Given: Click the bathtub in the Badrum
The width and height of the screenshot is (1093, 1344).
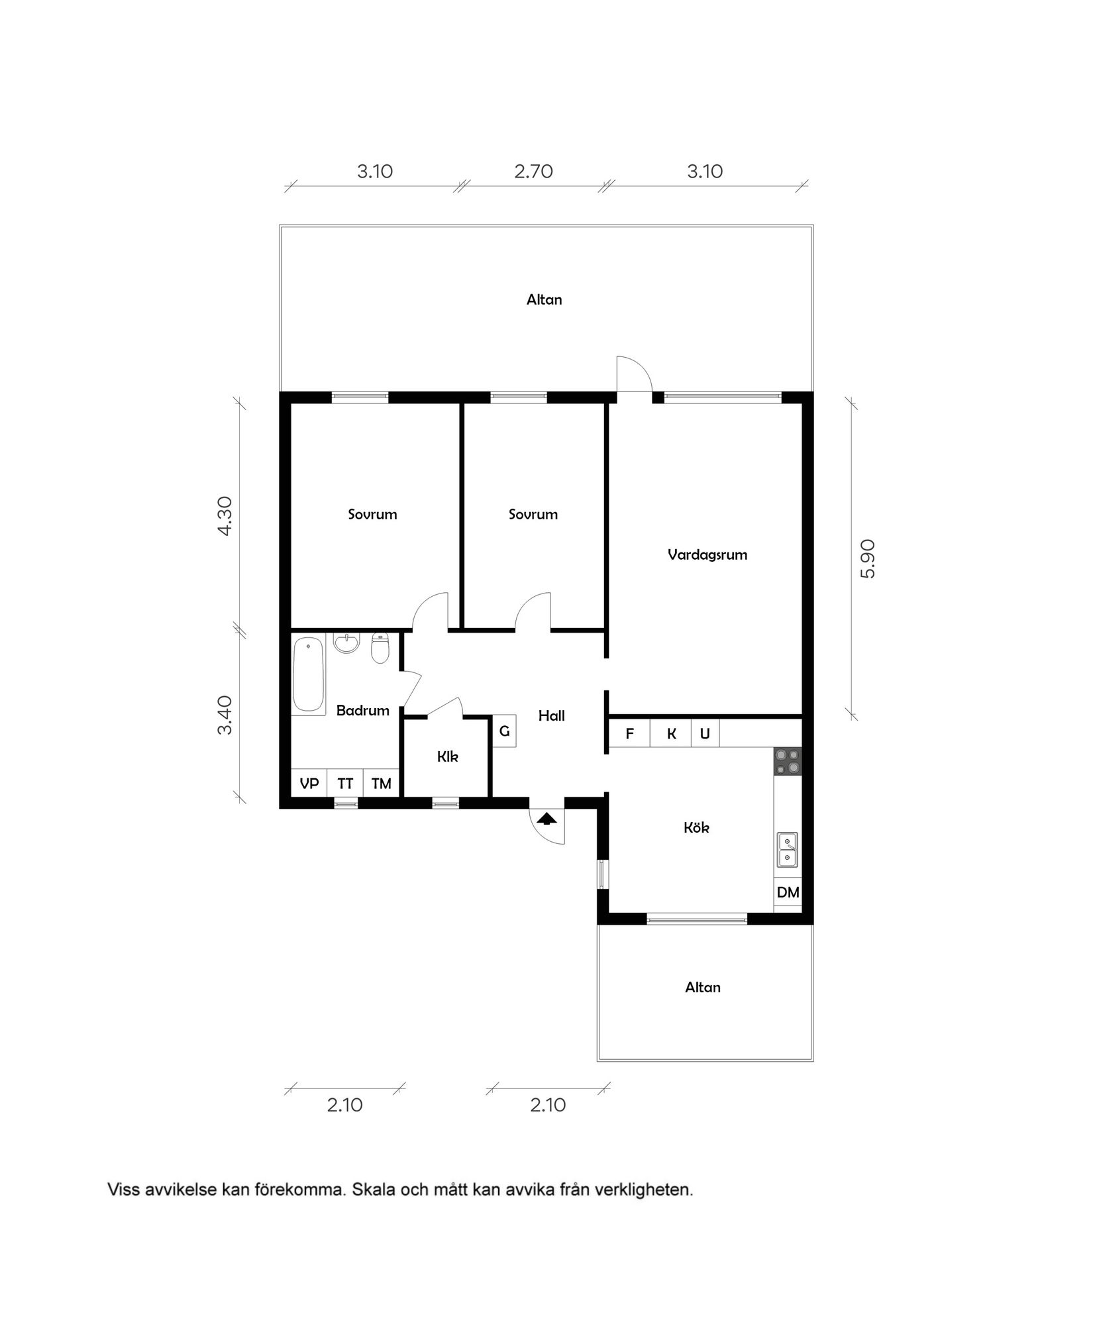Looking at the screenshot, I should click(x=309, y=675).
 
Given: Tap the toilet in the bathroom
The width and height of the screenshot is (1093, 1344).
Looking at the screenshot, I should click(x=380, y=648).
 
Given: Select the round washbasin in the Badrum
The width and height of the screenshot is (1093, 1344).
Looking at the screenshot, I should click(x=346, y=643).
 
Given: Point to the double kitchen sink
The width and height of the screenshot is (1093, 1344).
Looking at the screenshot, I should click(x=787, y=850).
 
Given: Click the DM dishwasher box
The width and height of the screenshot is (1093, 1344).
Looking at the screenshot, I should click(x=788, y=892).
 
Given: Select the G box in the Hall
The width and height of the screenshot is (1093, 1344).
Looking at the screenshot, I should click(x=504, y=732).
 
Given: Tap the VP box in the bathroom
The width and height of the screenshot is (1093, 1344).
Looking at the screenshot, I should click(x=309, y=784).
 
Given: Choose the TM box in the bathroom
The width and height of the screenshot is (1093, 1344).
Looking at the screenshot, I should click(x=382, y=784).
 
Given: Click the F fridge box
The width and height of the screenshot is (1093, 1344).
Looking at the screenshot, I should click(x=629, y=734).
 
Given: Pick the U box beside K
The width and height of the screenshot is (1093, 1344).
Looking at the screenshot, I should click(x=705, y=734).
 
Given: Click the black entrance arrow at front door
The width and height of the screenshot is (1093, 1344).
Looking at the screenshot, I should click(x=546, y=819).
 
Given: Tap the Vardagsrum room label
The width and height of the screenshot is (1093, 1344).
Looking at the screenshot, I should click(x=707, y=555).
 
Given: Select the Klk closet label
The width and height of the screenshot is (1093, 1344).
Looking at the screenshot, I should click(x=448, y=756).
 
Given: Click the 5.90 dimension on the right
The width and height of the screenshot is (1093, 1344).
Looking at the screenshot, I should click(x=867, y=558).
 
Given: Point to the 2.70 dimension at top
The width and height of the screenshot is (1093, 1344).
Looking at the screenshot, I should click(x=533, y=172).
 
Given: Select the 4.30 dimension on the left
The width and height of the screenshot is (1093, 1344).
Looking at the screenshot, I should click(x=225, y=515).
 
